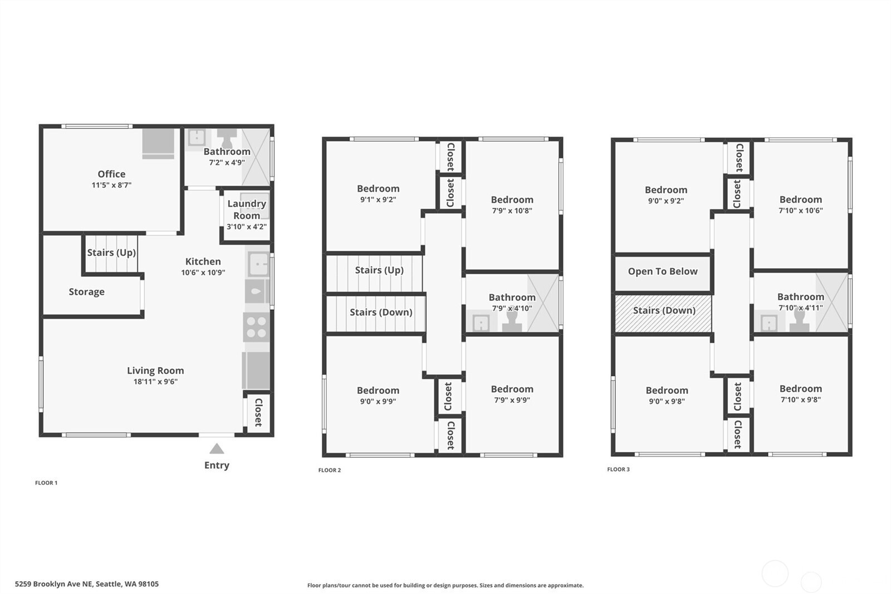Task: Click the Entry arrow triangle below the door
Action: click(x=217, y=449)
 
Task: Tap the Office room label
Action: click(x=111, y=174)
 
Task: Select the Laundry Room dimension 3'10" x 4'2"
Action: click(x=247, y=227)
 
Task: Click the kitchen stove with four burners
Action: click(x=256, y=327)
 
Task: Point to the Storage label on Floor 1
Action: click(x=86, y=292)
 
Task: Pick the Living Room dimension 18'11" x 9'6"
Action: click(x=155, y=382)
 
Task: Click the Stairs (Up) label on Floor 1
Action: click(x=111, y=252)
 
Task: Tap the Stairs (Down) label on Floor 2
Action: click(x=381, y=312)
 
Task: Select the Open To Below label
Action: click(x=663, y=271)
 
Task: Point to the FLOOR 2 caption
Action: click(x=330, y=470)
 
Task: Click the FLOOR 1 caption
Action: click(x=46, y=483)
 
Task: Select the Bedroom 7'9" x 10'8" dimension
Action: click(x=512, y=211)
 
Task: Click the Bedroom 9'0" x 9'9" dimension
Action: click(x=378, y=401)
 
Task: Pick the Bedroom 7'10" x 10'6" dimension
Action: click(x=800, y=211)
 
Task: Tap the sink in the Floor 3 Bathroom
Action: click(x=769, y=323)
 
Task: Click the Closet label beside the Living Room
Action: click(x=258, y=413)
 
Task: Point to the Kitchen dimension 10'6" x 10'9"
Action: click(x=203, y=272)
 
